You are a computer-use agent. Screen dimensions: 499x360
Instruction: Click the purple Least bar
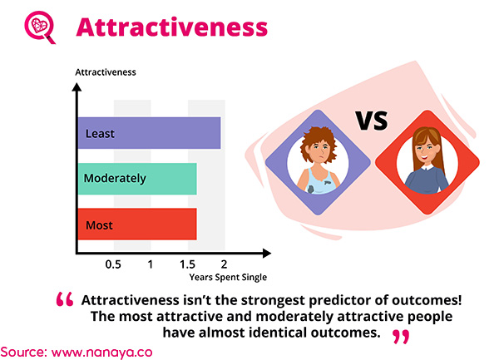pyautogui.click(x=149, y=133)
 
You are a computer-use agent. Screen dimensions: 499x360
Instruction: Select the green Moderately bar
pyautogui.click(x=137, y=179)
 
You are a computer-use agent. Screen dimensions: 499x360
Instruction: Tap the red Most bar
pyautogui.click(x=137, y=224)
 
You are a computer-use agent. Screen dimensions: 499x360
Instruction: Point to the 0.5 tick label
pyautogui.click(x=113, y=264)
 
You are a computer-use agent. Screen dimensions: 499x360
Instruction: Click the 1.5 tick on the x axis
pyautogui.click(x=187, y=264)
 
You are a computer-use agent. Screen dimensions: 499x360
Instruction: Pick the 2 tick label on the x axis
pyautogui.click(x=224, y=264)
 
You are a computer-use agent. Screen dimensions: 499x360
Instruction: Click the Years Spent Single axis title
pyautogui.click(x=228, y=278)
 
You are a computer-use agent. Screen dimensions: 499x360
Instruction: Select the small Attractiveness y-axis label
pyautogui.click(x=106, y=72)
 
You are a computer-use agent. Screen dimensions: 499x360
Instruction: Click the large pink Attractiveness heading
pyautogui.click(x=172, y=27)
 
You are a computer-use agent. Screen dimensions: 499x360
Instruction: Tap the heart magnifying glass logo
pyautogui.click(x=40, y=27)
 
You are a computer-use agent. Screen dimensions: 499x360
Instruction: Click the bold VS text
pyautogui.click(x=372, y=121)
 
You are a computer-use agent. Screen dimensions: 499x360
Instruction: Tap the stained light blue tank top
pyautogui.click(x=319, y=180)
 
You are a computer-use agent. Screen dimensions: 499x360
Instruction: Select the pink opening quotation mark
pyautogui.click(x=65, y=299)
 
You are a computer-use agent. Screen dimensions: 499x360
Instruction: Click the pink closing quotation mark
pyautogui.click(x=401, y=337)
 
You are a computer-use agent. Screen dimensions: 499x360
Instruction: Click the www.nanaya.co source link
pyautogui.click(x=101, y=353)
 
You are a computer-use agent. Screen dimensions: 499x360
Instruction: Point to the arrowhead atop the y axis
pyautogui.click(x=77, y=87)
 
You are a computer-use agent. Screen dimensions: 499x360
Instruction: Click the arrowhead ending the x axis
pyautogui.click(x=267, y=253)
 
